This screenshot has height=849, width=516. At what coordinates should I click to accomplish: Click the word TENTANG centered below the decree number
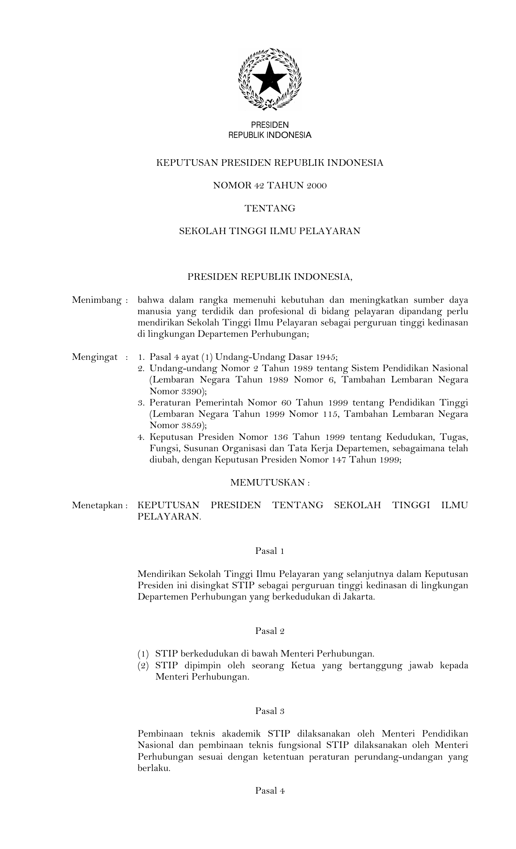coord(270,209)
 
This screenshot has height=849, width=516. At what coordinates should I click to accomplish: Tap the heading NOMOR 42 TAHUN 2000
coord(270,186)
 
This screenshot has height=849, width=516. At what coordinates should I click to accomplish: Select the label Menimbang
coord(97,300)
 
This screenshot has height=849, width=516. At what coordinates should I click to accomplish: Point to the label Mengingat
coord(95,357)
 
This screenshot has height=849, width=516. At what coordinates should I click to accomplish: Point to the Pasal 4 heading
coord(270,791)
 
